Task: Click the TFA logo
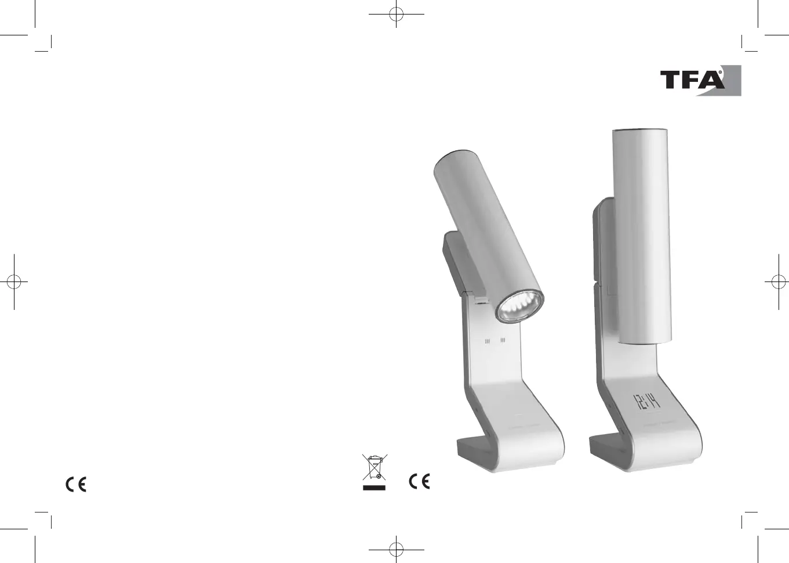point(700,81)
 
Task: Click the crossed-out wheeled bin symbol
point(374,467)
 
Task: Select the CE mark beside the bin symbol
point(419,482)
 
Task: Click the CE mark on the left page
point(76,484)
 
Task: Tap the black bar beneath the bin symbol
point(374,488)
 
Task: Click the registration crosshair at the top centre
point(397,14)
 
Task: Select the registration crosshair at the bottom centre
point(397,549)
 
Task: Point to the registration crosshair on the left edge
point(14,282)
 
